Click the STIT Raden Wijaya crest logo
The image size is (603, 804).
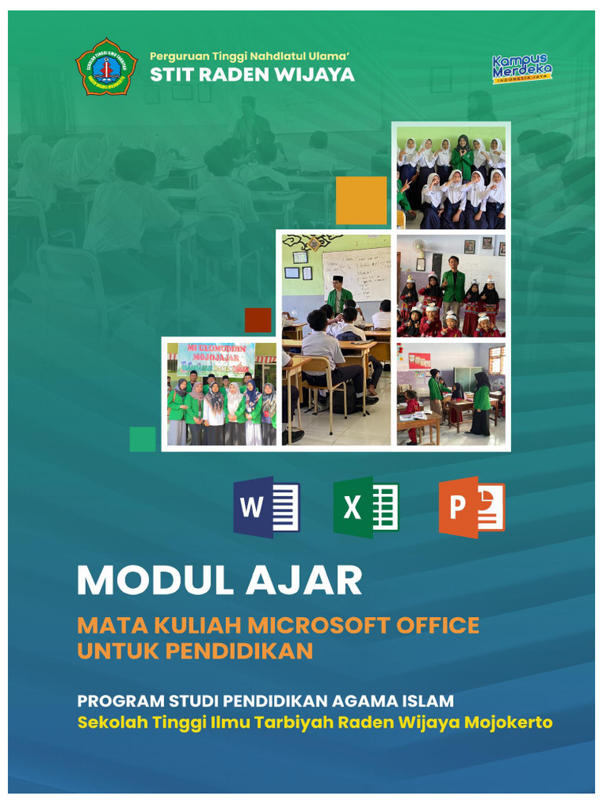pos(106,67)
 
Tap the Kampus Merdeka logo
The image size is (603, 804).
pos(521,69)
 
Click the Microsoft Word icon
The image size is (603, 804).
pos(266,507)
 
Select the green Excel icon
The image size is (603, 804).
pos(366,507)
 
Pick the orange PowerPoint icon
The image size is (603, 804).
pos(471,507)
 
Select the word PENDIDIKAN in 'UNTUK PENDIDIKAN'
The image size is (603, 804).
pos(251,651)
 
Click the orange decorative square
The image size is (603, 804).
pos(361,200)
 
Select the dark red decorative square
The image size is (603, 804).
pos(258,320)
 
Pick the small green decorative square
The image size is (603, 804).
pos(142,439)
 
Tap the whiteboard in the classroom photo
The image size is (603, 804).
pos(356,274)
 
